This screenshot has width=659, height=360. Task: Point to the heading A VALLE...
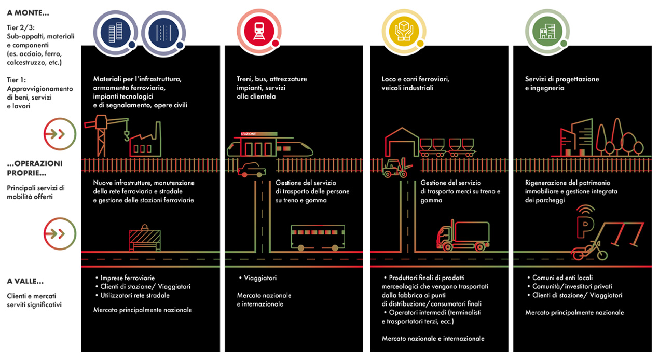pyautogui.click(x=25, y=281)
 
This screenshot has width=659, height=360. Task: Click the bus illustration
pyautogui.click(x=318, y=238)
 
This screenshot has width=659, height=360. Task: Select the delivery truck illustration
pyautogui.click(x=463, y=236)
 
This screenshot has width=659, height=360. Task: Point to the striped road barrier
pyautogui.click(x=145, y=240)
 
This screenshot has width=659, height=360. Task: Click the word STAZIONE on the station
pyautogui.click(x=249, y=134)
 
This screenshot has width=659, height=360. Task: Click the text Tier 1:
pyautogui.click(x=18, y=80)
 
